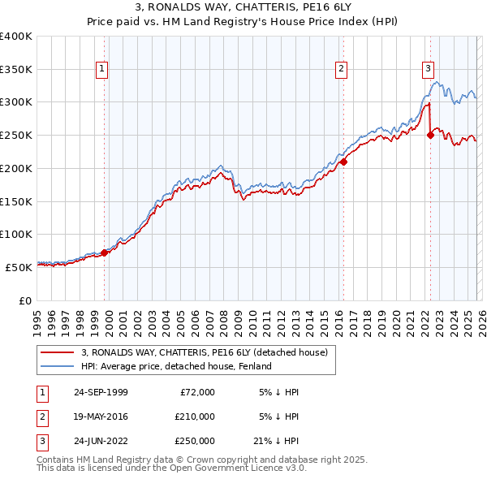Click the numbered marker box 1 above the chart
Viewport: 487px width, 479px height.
(x=102, y=70)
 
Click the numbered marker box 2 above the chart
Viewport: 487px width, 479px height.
(x=342, y=70)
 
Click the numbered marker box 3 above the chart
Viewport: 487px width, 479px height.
(x=428, y=70)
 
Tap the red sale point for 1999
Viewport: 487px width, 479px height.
(x=105, y=252)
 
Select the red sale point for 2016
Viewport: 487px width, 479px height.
(x=343, y=162)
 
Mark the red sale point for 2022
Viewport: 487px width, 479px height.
(x=431, y=136)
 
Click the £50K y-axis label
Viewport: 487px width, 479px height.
(x=19, y=267)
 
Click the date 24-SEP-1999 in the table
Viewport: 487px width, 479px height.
(x=101, y=392)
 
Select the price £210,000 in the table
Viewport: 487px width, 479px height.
(x=194, y=416)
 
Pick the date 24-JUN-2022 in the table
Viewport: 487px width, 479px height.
(x=101, y=441)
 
